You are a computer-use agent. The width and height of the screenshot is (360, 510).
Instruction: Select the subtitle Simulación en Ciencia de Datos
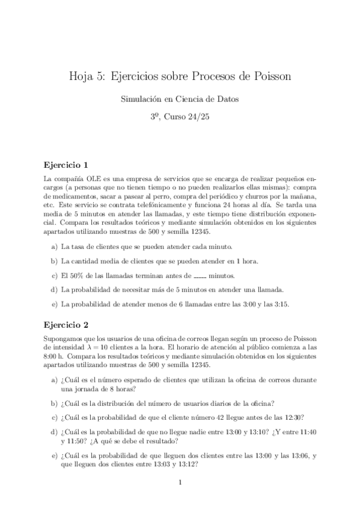click(x=180, y=99)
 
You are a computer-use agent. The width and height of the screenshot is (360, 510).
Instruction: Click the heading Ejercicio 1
click(x=66, y=164)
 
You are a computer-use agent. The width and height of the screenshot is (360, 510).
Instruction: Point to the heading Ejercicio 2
click(x=66, y=325)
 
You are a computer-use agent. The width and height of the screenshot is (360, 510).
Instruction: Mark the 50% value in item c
click(x=75, y=276)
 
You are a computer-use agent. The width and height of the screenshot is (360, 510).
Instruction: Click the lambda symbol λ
click(x=94, y=349)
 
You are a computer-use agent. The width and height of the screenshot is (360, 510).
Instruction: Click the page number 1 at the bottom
click(x=180, y=482)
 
